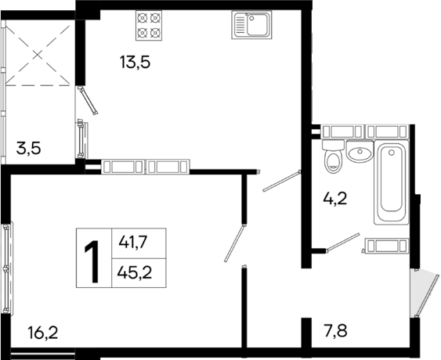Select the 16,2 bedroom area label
pos(42,333)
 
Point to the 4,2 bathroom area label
pos(335,199)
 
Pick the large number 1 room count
pos(92,256)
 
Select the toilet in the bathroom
pos(333,158)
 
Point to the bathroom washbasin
pos(360,153)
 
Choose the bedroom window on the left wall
pos(7,267)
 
